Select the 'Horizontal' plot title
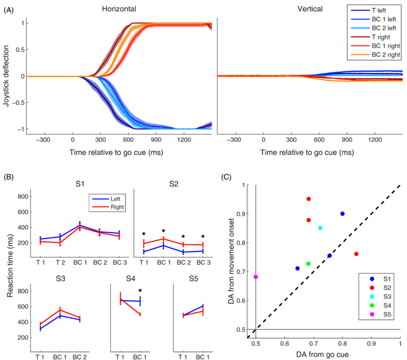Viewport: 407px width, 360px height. point(119,10)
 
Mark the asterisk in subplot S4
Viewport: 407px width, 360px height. point(140,291)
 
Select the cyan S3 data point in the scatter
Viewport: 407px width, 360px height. point(321,228)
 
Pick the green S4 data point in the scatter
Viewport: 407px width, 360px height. point(308,264)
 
